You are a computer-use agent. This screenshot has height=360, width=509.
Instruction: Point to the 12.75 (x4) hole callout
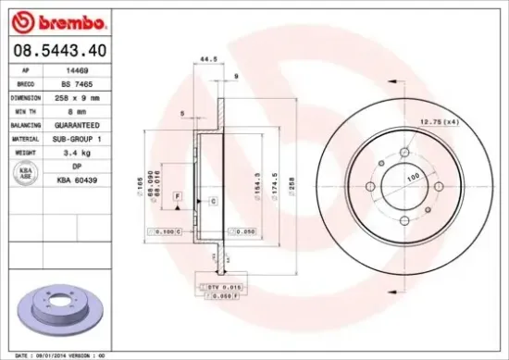pyautogui.click(x=440, y=122)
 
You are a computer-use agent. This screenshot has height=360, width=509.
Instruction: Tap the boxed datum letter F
pyautogui.click(x=177, y=196)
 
